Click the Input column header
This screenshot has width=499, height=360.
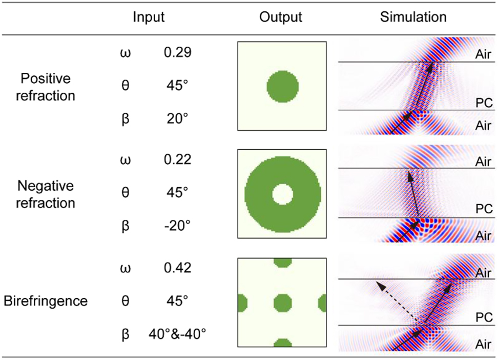(149, 17)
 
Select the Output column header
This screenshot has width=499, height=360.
(281, 17)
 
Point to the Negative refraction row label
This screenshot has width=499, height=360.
(46, 194)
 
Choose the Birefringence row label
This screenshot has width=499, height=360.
(46, 301)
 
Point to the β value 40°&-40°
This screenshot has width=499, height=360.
(177, 335)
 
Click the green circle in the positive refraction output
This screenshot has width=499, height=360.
(282, 87)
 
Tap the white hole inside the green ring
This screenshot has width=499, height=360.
(282, 194)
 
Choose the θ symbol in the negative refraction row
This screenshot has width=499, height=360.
(124, 193)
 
